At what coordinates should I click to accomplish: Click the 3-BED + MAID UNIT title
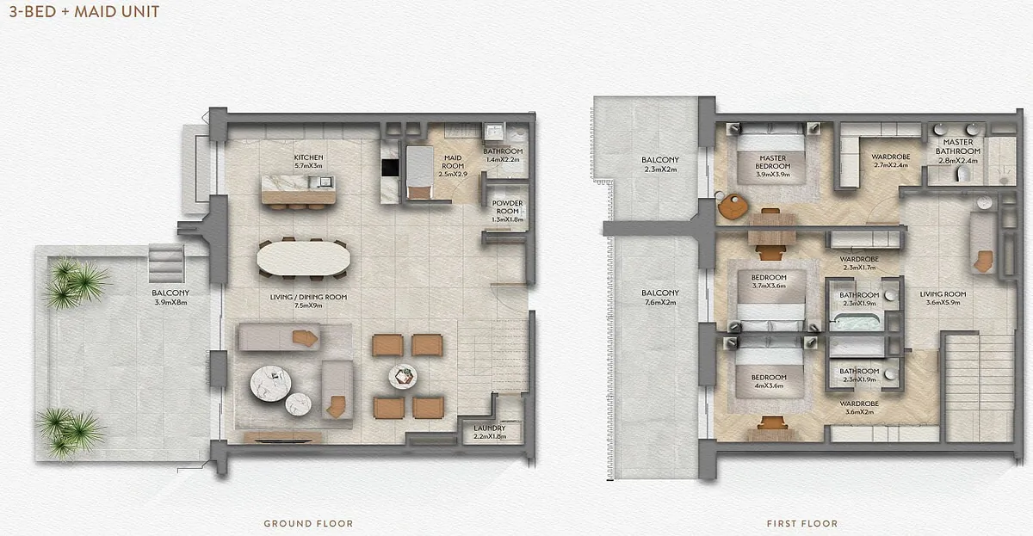point(84,11)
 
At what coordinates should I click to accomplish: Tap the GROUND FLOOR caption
point(308,524)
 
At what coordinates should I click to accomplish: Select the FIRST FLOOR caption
point(802,524)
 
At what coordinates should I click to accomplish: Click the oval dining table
point(303,259)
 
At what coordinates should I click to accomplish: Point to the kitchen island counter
point(299,189)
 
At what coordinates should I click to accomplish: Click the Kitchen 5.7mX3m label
point(308,161)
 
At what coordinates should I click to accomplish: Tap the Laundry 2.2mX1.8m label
point(490,432)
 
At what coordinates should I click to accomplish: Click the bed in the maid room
point(420,172)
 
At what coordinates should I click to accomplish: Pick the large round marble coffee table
point(270,384)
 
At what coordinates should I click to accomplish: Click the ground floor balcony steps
point(166,263)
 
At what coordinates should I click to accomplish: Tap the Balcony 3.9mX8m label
point(170,298)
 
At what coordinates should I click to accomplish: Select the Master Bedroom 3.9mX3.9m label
point(772,166)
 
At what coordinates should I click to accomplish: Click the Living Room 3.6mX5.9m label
point(943,299)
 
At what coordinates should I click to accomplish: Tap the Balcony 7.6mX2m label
point(660,298)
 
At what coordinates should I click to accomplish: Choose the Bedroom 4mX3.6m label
point(768,381)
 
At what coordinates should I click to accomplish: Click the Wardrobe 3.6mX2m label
point(859,408)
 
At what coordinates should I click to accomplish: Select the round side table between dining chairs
point(403,377)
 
